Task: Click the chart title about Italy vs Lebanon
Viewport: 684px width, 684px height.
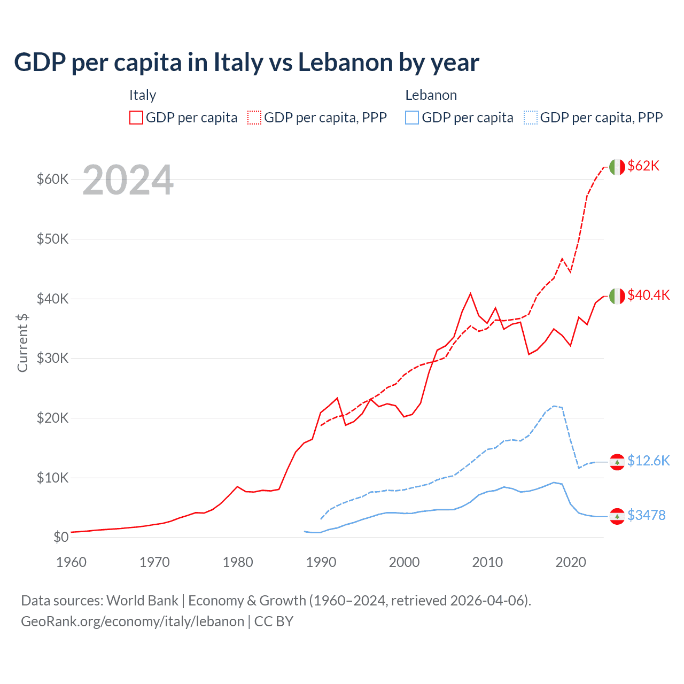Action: coord(246,63)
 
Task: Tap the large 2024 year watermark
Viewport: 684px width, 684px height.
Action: coord(128,180)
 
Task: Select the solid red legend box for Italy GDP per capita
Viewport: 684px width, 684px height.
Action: coord(136,118)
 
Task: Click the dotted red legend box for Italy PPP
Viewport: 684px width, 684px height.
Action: coord(254,118)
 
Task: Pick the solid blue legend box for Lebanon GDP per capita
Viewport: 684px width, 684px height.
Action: coord(412,118)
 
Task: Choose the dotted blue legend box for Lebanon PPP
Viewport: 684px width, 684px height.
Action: coord(531,118)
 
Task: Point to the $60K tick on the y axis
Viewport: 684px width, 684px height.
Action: coord(52,179)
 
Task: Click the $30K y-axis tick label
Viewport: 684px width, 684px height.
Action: coord(52,358)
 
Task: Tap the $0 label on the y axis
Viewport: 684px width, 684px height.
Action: coord(61,537)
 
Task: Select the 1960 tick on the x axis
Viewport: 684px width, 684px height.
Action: coord(71,562)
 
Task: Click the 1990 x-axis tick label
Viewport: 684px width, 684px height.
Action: coord(321,562)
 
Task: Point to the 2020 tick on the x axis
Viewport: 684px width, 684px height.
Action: coord(571,562)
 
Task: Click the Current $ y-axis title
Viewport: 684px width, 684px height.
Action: coord(22,343)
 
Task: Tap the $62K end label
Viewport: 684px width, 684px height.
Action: coord(643,166)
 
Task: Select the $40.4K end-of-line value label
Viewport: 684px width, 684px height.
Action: coord(648,295)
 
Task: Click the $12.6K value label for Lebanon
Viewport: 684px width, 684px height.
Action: coord(648,461)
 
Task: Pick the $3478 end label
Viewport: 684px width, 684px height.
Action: coord(646,515)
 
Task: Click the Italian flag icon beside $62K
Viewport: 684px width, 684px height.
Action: coord(617,167)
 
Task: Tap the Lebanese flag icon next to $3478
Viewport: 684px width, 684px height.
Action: coord(617,516)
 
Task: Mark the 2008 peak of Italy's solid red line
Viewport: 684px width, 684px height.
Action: coord(470,293)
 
